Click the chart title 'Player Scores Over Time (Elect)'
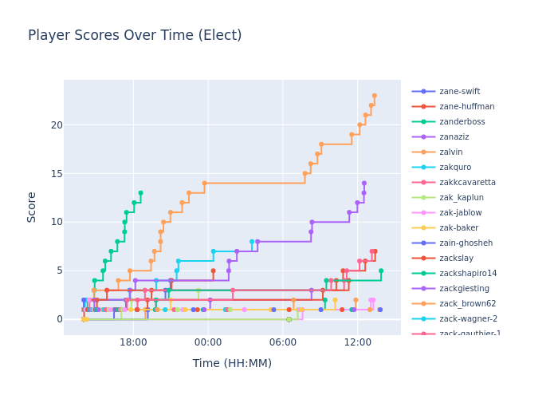pos(135,36)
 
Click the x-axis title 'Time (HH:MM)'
pos(232,364)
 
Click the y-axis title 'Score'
pos(33,207)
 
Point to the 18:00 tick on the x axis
pos(133,342)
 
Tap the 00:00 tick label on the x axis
pos(208,342)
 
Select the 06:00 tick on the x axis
pos(282,342)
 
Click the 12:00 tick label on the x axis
pos(357,342)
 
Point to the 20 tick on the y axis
pos(57,125)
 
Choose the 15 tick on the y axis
pos(57,173)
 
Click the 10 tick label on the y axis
pos(57,222)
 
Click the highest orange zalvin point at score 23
pos(374,96)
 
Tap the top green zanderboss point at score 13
pos(140,193)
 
